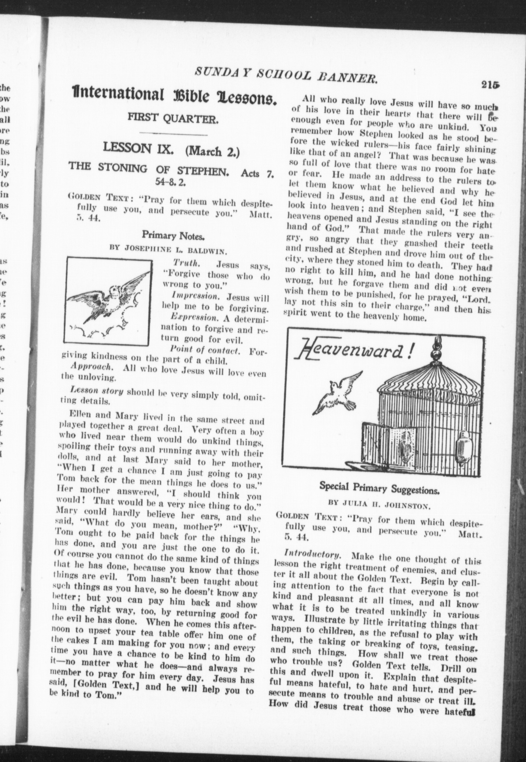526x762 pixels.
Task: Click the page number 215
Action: [x=490, y=84]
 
